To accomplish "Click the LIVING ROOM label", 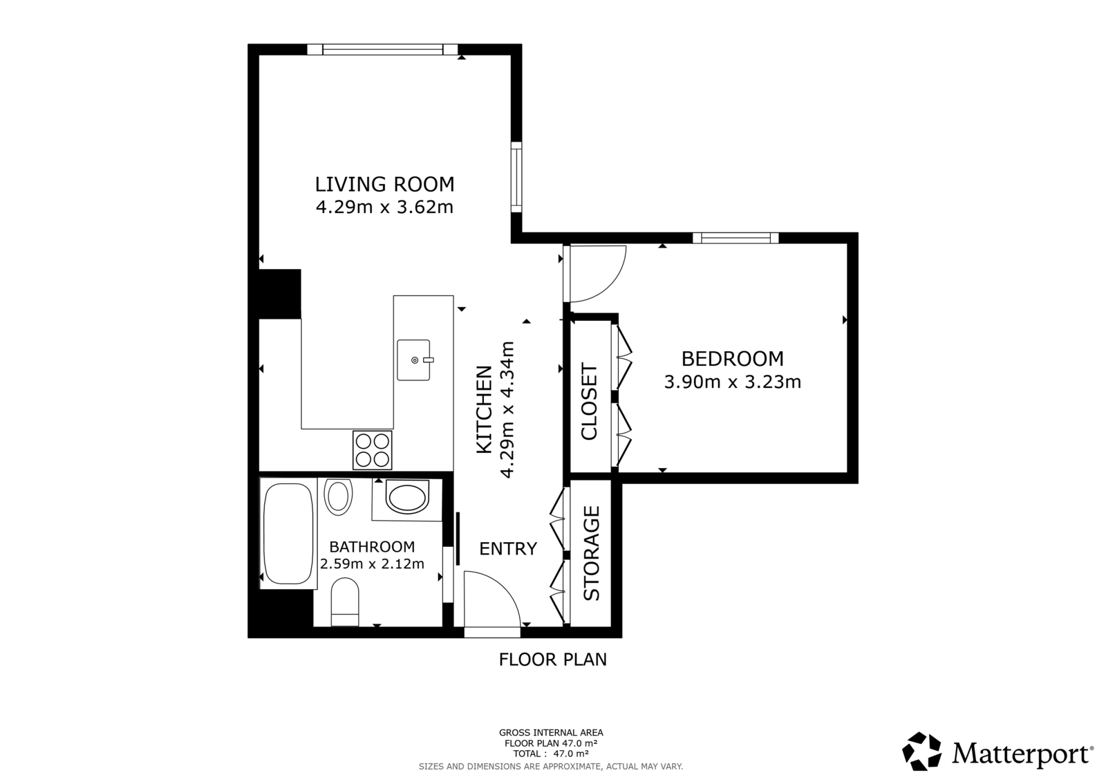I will point(384,185).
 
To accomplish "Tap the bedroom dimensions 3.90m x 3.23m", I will point(732,382).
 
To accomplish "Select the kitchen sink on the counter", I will point(413,360).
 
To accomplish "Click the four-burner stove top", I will point(373,450).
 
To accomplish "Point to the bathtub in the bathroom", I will point(287,534).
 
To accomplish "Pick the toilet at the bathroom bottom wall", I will point(345,603).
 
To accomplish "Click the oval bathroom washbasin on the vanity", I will point(406,499).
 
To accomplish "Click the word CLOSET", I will point(589,402).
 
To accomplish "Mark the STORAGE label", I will point(592,553).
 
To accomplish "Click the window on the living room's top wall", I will point(382,49).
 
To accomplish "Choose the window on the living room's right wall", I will point(516,177).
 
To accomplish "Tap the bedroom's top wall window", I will point(735,238).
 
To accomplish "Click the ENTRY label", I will point(508,549).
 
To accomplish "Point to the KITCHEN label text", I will point(485,409).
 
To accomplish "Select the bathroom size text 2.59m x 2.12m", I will point(372,564).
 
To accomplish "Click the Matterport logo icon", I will point(922,752).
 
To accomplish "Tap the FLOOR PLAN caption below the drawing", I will point(552,660).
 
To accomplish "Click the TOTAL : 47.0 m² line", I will point(551,754).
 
